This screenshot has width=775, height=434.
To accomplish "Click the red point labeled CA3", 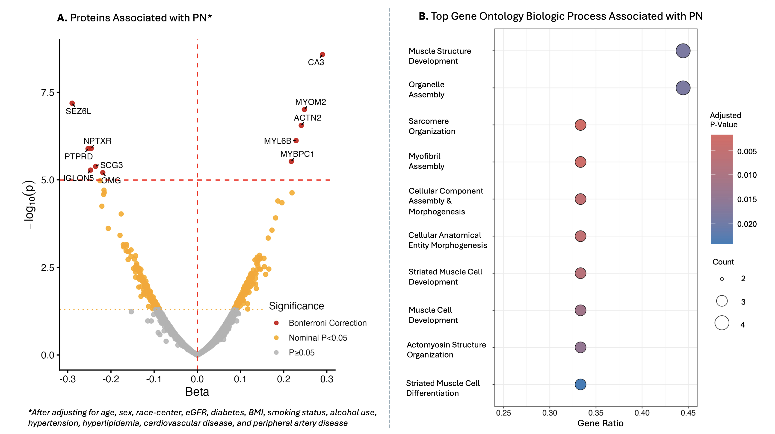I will [322, 55].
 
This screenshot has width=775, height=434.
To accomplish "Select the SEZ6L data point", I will [72, 103].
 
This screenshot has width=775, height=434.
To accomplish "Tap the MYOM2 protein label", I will [311, 102].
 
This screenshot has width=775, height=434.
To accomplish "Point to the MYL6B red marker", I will [296, 140].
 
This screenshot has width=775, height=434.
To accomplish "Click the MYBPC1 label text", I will [297, 154].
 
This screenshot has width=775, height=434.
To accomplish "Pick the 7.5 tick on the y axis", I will [47, 93].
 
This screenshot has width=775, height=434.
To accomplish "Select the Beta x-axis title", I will [197, 392].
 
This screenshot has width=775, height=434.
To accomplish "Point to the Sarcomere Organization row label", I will [432, 126].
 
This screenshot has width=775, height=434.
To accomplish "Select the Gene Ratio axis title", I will [600, 423].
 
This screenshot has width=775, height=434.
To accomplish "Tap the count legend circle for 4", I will [722, 323].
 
